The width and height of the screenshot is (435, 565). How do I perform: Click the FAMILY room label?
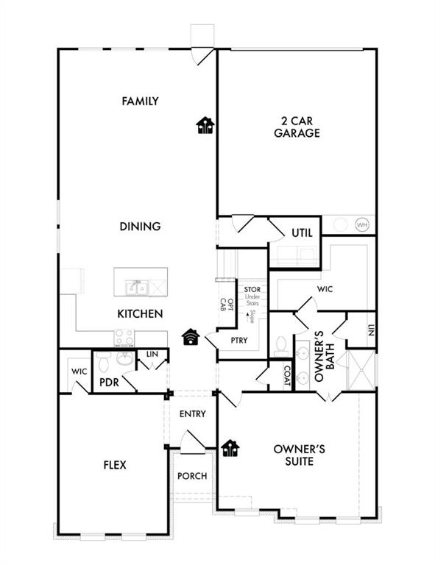[140, 101]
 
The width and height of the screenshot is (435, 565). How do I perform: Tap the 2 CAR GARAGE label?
[297, 127]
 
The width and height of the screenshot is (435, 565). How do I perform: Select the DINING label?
[140, 227]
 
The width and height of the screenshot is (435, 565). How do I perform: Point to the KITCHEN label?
[140, 313]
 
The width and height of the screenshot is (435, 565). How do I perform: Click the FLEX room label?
[114, 465]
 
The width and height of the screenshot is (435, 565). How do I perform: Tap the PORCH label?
[192, 476]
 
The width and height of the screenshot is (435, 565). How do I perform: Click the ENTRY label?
[192, 414]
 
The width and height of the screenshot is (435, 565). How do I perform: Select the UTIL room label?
[302, 232]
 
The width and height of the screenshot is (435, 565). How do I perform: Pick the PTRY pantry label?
[238, 340]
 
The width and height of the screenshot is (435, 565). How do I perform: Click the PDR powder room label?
[110, 382]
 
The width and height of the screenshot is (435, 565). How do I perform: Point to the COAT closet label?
[287, 376]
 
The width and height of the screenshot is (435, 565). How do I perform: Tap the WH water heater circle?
[362, 224]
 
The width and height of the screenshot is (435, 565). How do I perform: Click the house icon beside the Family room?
[205, 127]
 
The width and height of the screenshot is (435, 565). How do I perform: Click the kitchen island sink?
[138, 286]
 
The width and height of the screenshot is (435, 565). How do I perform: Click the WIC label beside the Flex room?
[79, 372]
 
